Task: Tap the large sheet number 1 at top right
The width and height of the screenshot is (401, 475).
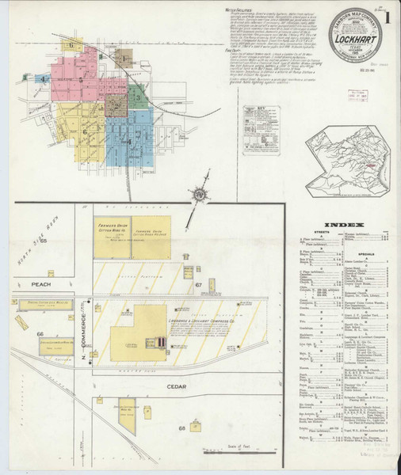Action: pos(388,16)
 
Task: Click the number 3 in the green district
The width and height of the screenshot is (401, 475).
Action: pos(137,98)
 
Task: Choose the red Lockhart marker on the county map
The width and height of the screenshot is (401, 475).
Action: pos(367,165)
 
